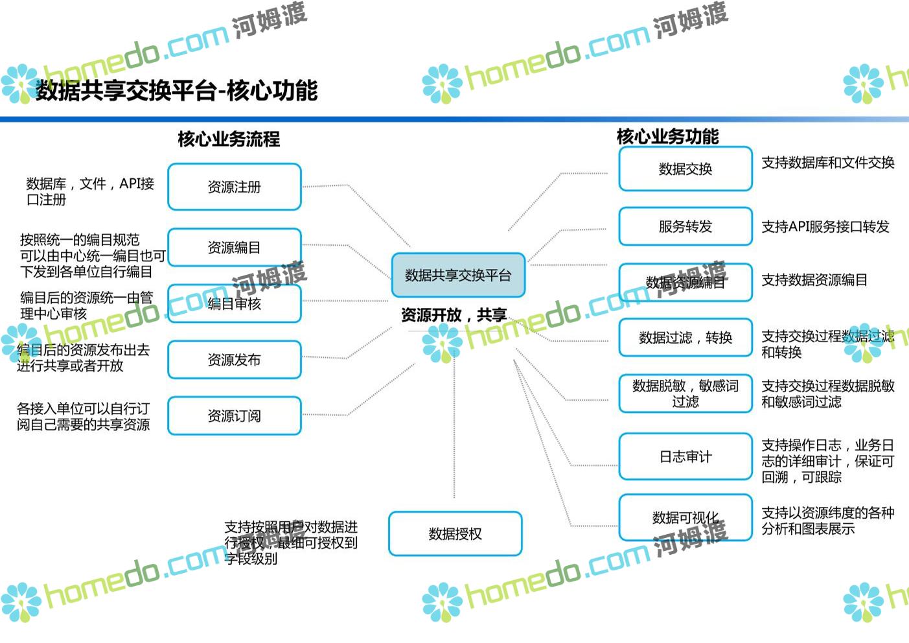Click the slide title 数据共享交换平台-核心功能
[x=176, y=91]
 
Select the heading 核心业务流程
[x=229, y=139]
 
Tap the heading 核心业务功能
[x=667, y=136]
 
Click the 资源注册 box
[x=235, y=187]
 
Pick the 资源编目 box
[x=235, y=247]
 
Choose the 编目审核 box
[x=235, y=303]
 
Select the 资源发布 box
[x=235, y=360]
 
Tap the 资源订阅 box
[x=235, y=415]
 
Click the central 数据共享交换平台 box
[x=458, y=275]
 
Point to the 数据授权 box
[x=455, y=533]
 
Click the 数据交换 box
[x=685, y=169]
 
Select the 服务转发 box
[x=685, y=226]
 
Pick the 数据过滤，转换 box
[x=685, y=337]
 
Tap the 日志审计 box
[x=685, y=456]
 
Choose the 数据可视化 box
[x=685, y=517]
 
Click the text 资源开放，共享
[x=454, y=315]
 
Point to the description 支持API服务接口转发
[x=825, y=227]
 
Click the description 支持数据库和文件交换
[x=827, y=163]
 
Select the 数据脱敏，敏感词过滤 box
[x=685, y=393]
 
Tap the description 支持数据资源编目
[x=814, y=280]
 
